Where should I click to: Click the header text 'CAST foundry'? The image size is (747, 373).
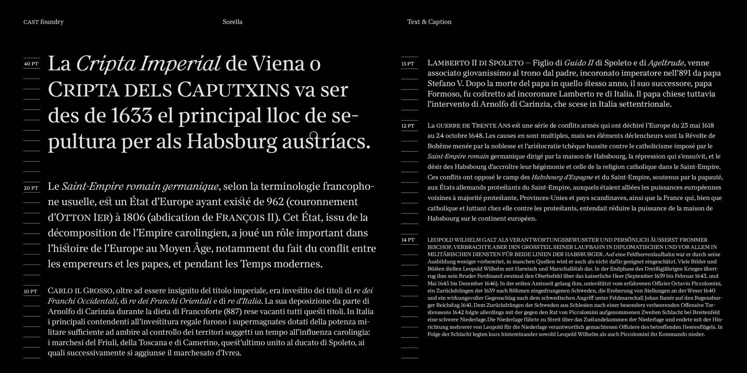[x=43, y=22]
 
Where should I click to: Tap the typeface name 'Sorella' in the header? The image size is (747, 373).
[x=232, y=22]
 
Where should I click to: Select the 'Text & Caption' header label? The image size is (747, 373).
[x=429, y=22]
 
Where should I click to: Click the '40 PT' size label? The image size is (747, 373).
[x=31, y=64]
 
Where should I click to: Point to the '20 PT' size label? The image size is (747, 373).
[x=31, y=188]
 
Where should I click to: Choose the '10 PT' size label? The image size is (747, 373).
[x=30, y=291]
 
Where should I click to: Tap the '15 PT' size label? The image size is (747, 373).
[x=408, y=64]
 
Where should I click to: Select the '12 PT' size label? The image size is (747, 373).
[x=408, y=126]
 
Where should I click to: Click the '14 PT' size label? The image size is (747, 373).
[x=408, y=240]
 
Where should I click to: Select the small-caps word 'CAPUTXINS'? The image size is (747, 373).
[x=233, y=90]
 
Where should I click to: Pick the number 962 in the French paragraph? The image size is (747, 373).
[x=275, y=202]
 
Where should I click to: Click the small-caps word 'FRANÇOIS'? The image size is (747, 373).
[x=240, y=218]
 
